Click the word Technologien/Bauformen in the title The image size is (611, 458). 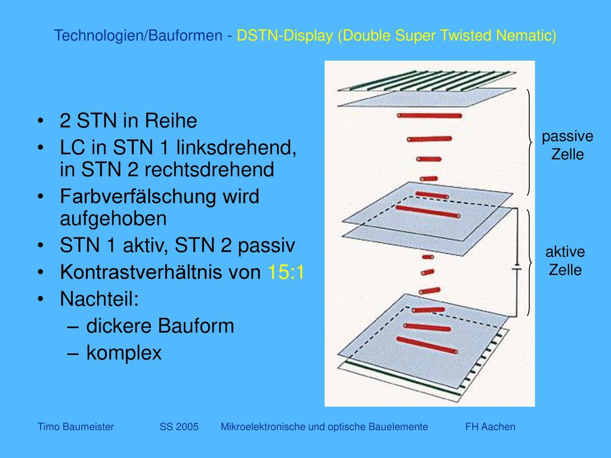(138, 35)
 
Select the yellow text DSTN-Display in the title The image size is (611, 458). (285, 35)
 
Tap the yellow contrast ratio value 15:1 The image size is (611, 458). (286, 272)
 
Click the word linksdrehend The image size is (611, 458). (236, 148)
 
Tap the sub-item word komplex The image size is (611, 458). (124, 353)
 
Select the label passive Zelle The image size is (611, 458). (567, 146)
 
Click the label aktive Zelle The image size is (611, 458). (565, 261)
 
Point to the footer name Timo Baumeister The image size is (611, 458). (76, 427)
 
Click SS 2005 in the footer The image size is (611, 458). (179, 427)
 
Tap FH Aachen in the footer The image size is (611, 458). (490, 427)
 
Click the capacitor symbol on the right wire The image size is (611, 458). (517, 268)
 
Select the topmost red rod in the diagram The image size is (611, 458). (430, 115)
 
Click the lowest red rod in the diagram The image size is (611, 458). (427, 345)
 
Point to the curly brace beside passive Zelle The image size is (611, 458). (529, 142)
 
